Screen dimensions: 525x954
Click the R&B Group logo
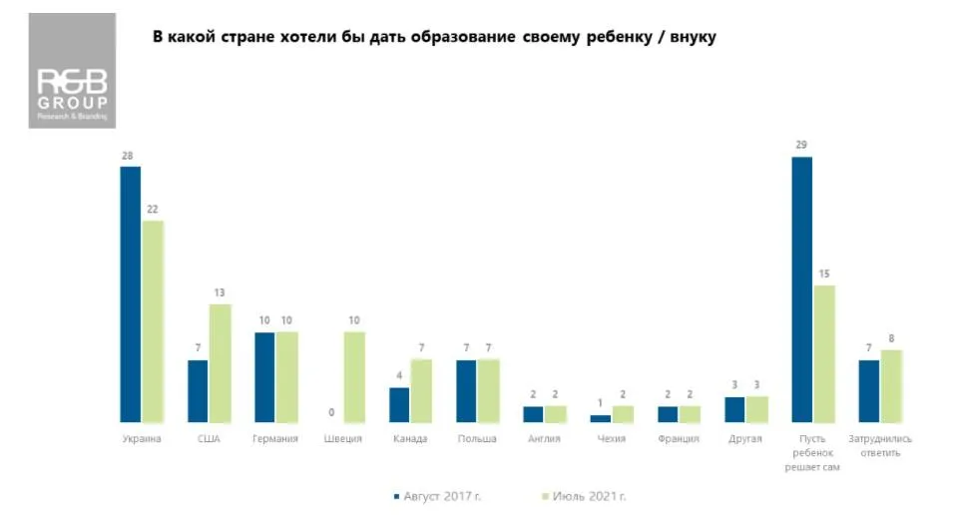click(72, 70)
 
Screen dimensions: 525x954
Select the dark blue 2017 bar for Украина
click(131, 294)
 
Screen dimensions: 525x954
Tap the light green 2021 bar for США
click(220, 363)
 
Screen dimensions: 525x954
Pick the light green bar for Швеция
click(354, 377)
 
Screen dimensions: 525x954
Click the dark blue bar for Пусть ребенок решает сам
click(801, 289)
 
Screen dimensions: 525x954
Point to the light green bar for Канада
click(421, 390)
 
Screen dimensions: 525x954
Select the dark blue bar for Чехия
click(600, 418)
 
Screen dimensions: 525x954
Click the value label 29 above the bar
click(801, 146)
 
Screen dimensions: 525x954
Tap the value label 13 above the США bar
click(220, 292)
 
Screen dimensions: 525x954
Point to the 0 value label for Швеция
click(331, 411)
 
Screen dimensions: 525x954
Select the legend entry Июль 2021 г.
click(588, 496)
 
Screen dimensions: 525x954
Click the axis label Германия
click(276, 439)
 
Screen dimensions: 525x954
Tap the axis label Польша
click(477, 439)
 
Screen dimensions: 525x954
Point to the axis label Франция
click(679, 439)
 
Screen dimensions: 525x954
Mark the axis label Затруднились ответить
click(880, 445)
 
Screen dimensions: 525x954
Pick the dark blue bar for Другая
click(734, 410)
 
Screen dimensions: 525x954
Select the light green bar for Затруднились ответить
click(891, 386)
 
